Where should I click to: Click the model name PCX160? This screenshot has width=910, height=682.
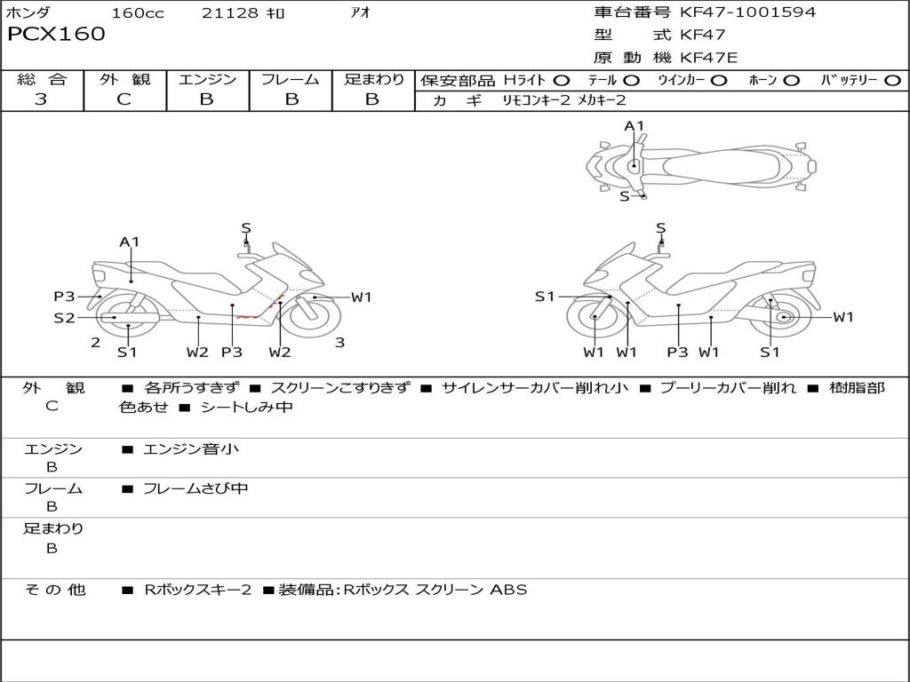point(56,35)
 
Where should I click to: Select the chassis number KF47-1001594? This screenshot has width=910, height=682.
point(747,12)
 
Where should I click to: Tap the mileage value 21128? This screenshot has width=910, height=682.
point(229,12)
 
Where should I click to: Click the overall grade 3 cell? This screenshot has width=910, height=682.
point(41,99)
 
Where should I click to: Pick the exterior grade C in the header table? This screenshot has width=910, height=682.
point(124,99)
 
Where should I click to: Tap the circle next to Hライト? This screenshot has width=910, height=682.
point(562,81)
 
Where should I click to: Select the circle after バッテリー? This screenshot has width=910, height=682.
point(892,81)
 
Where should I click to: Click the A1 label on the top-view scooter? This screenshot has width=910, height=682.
point(634,126)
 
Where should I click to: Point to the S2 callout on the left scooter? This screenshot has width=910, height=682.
point(64,317)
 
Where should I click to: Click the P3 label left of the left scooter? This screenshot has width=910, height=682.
point(64,297)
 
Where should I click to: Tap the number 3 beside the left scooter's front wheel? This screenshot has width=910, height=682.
point(339,342)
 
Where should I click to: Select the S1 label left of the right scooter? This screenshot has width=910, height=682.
point(545,297)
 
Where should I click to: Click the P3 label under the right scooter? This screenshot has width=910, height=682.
point(678,353)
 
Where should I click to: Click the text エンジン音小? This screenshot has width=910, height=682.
point(191,449)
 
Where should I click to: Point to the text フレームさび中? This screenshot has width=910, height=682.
point(196,488)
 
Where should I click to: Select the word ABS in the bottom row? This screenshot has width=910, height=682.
point(508,590)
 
